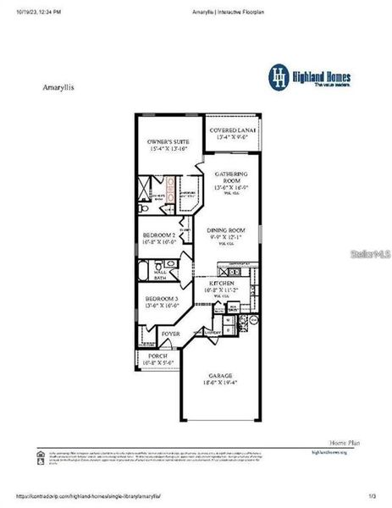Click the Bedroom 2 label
click(x=159, y=238)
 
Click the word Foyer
click(x=170, y=334)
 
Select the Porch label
click(x=157, y=358)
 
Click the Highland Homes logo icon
click(x=279, y=76)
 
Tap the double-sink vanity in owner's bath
click(x=171, y=187)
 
